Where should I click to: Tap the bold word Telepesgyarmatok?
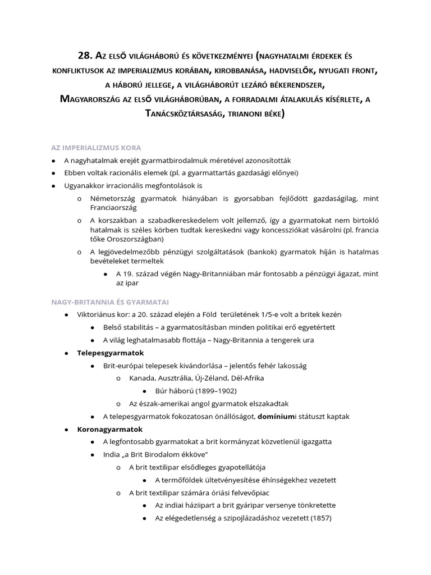pos(111,353)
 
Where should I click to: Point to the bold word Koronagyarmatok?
pos(110,429)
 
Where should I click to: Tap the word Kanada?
pos(143,378)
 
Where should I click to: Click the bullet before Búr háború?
pos(144,391)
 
